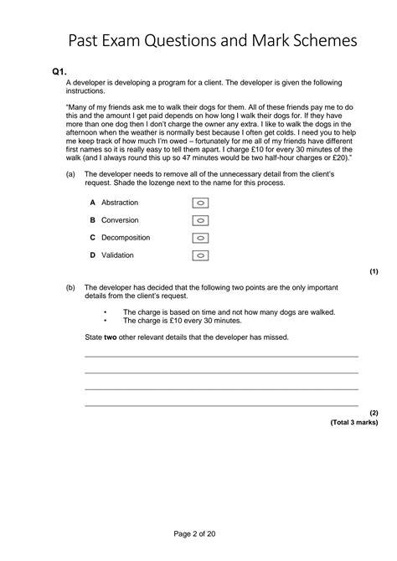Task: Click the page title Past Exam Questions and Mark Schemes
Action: click(x=213, y=40)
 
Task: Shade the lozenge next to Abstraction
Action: click(x=201, y=203)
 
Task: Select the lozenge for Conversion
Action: click(x=201, y=220)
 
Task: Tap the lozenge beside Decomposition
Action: click(x=201, y=238)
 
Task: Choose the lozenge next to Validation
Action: click(x=201, y=255)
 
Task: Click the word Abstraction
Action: click(x=120, y=203)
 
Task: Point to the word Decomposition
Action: click(x=126, y=238)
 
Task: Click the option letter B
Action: click(x=92, y=220)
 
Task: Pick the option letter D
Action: click(x=92, y=255)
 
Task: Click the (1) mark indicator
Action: click(x=374, y=272)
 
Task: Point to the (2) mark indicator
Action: click(x=374, y=413)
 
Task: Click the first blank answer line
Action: click(x=221, y=357)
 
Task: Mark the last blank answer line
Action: click(x=221, y=405)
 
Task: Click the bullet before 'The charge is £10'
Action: click(x=106, y=320)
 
